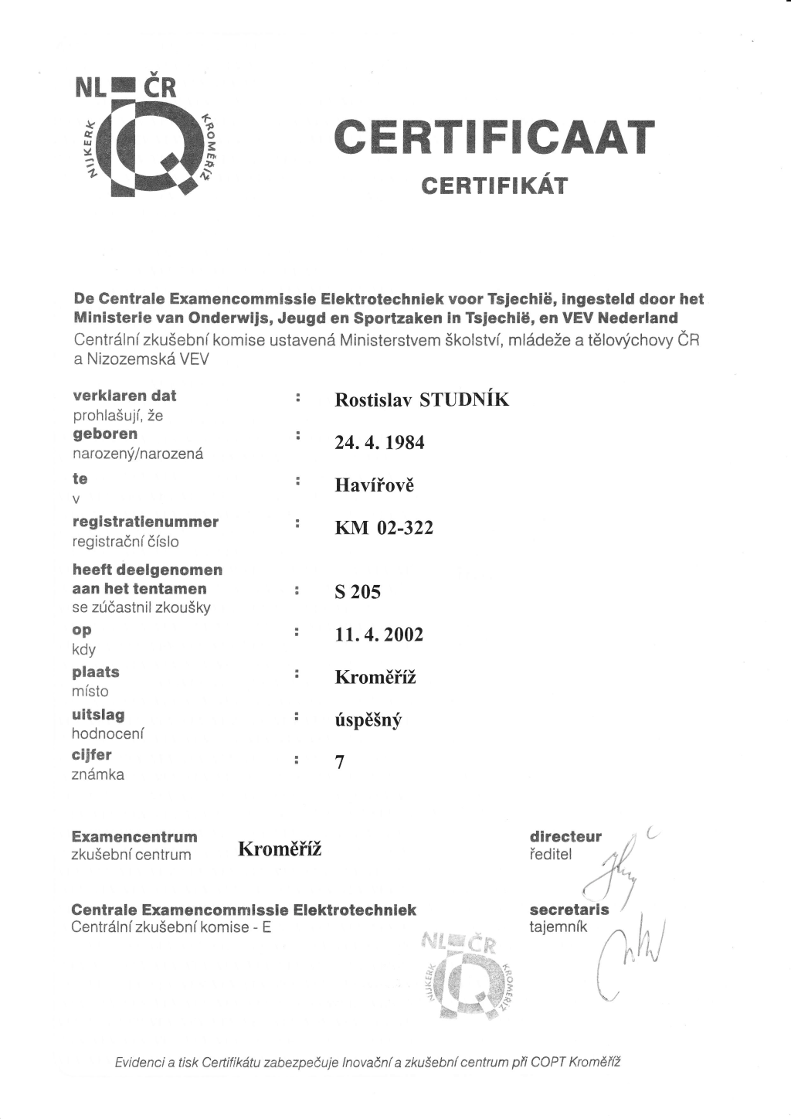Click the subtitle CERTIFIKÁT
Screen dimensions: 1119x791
click(494, 186)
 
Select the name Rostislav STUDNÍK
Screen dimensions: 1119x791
click(422, 400)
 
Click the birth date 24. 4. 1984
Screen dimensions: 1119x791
click(379, 443)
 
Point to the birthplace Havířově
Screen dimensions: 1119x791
click(375, 485)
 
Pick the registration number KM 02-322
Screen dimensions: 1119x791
click(384, 528)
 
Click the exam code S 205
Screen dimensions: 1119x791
click(358, 592)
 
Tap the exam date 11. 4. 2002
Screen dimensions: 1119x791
click(379, 634)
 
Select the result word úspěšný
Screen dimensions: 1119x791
click(368, 720)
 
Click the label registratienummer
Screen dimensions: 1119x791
click(145, 522)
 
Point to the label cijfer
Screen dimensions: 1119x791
click(92, 755)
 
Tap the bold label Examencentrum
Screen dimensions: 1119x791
click(134, 837)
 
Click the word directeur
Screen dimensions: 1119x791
click(565, 837)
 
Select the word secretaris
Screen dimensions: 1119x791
click(569, 910)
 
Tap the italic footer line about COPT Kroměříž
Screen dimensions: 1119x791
click(368, 1062)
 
